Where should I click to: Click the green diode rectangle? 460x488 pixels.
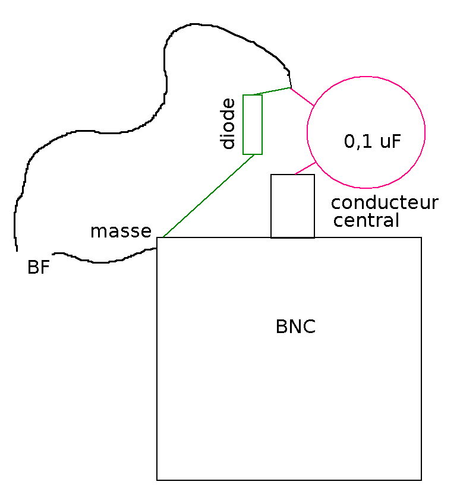tap(253, 124)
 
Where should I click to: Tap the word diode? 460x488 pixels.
tap(229, 124)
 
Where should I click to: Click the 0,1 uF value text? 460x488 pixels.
tap(372, 141)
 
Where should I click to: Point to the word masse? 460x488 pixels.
tap(121, 231)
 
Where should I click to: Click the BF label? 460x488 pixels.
tap(38, 267)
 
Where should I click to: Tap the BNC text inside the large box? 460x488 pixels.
tap(295, 327)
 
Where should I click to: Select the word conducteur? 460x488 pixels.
tap(385, 202)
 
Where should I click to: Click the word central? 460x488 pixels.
tap(366, 221)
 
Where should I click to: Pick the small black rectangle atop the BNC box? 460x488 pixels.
tap(292, 206)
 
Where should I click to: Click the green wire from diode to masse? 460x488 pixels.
tap(208, 195)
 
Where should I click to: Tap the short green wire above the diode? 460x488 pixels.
tap(272, 91)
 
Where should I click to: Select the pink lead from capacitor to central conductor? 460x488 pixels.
tap(305, 168)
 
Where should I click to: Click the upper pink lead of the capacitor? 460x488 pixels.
tap(302, 97)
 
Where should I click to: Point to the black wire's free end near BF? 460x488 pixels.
tap(16, 249)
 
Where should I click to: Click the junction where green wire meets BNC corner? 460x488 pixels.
tap(162, 237)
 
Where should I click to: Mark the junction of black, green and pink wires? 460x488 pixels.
tap(291, 88)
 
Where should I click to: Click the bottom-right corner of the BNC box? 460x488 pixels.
tap(421, 479)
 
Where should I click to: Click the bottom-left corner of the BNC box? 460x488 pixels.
tap(157, 479)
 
